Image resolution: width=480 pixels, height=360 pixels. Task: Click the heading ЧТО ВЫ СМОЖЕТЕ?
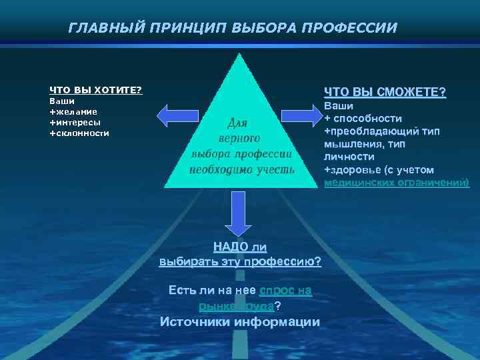pos(385,91)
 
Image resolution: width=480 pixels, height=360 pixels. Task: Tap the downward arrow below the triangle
pos(238,211)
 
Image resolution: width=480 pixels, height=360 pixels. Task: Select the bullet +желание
pos(73,111)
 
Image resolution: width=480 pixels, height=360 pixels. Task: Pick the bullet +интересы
pos(75,122)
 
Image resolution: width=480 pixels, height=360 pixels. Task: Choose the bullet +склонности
pos(79,133)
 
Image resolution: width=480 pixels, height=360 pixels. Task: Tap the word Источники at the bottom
pos(194,321)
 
